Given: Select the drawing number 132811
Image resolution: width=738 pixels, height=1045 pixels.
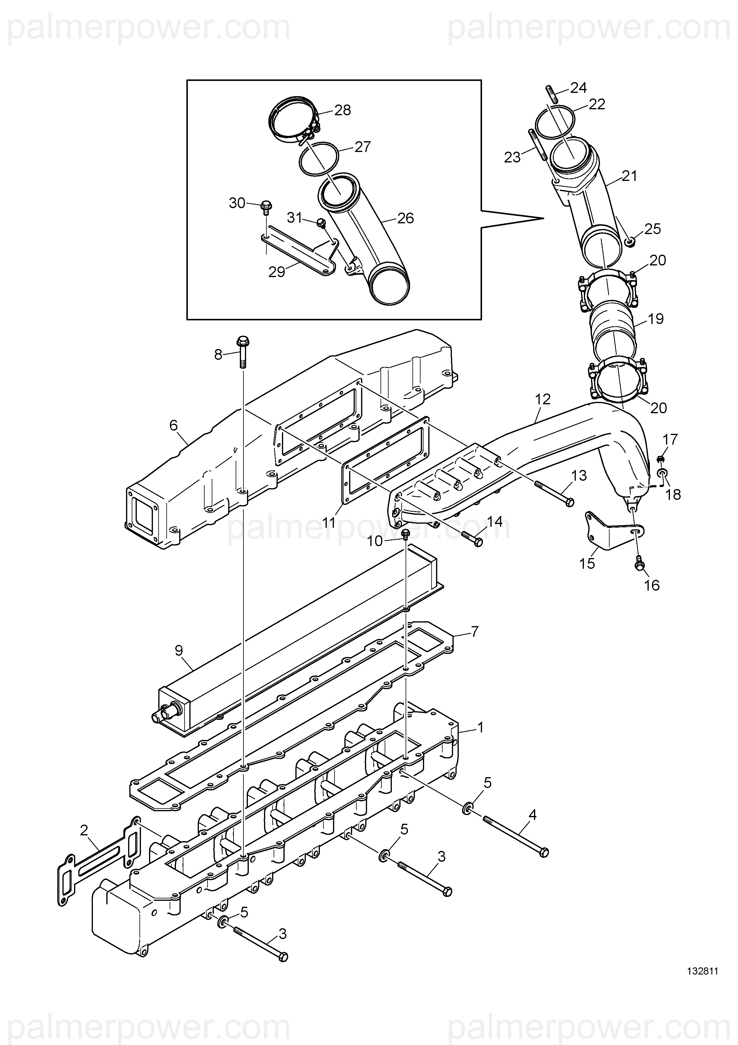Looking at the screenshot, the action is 702,983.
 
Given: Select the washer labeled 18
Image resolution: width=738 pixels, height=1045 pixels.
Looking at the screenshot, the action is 663,475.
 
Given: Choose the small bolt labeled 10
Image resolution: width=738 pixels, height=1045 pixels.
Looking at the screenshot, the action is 406,534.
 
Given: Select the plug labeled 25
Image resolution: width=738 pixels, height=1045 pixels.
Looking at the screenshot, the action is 629,241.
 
